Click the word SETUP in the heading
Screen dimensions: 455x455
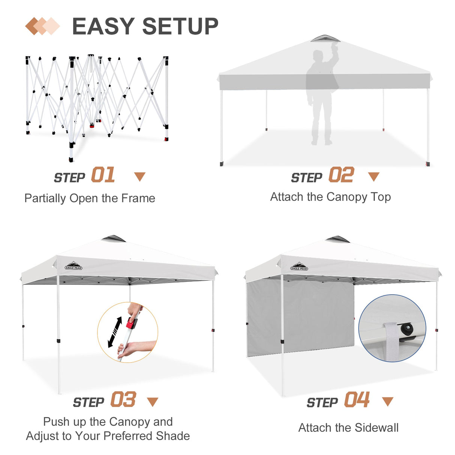pos(180,27)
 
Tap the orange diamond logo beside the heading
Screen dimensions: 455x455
pos(42,26)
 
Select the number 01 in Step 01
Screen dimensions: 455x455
pos(103,175)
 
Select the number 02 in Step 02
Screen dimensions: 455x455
pos(341,175)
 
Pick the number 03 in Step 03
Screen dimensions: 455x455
pos(123,400)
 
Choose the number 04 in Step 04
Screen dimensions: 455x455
pos(357,400)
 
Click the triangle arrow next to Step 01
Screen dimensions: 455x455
pos(140,177)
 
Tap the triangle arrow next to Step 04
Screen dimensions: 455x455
pos(387,401)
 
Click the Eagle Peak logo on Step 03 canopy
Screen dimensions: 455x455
pos(73,266)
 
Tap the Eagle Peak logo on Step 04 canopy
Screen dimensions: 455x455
pos(299,267)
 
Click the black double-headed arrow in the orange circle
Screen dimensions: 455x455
pos(115,332)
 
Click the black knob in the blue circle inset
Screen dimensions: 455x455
pos(406,329)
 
